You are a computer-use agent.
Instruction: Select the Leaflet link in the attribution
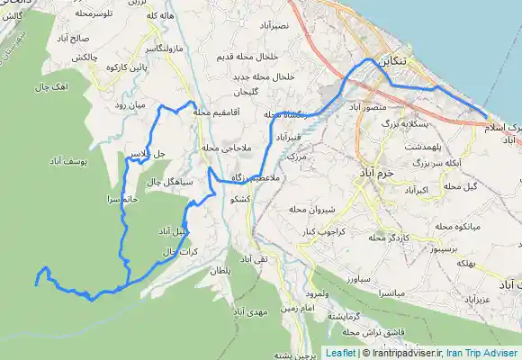click(341, 353)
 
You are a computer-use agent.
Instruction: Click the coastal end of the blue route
click(487, 118)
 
